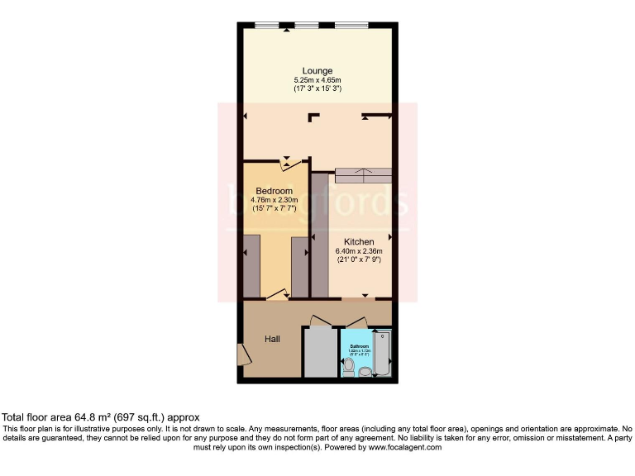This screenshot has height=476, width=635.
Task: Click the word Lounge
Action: [x=317, y=71]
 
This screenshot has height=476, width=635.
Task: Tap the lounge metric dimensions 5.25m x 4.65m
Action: [x=317, y=80]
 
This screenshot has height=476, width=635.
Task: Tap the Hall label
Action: [x=273, y=339]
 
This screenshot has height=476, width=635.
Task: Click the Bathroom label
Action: [x=358, y=346]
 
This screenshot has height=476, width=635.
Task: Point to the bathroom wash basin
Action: [x=365, y=371]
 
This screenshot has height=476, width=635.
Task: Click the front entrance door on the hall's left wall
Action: [x=242, y=355]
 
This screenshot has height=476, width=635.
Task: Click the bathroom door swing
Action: [x=356, y=321]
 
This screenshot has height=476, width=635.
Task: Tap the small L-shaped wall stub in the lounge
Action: [x=313, y=117]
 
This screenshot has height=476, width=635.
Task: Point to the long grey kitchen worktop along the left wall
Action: [x=319, y=236]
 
